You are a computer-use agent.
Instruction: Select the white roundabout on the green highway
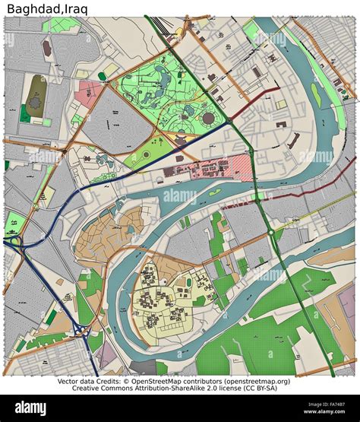tap(270, 230)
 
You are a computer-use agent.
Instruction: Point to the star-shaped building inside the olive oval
tap(35, 95)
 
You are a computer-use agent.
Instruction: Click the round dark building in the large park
tap(207, 119)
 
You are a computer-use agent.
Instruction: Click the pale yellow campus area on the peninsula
tap(163, 297)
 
